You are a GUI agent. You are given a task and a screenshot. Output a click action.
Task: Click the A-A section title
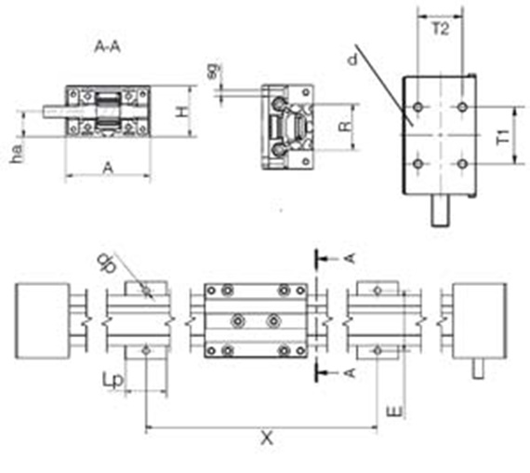click(x=108, y=47)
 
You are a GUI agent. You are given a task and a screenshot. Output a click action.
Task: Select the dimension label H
click(x=182, y=112)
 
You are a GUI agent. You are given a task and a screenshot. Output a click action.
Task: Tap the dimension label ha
click(x=17, y=154)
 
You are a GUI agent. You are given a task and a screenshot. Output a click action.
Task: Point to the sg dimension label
click(x=214, y=72)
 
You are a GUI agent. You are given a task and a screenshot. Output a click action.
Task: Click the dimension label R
click(x=346, y=127)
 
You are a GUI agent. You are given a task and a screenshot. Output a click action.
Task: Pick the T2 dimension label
click(x=441, y=29)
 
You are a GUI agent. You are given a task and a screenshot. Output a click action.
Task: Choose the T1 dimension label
click(x=503, y=137)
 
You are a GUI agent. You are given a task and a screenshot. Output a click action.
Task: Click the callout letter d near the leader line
click(x=352, y=60)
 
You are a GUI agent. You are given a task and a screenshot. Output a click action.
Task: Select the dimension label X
click(x=267, y=439)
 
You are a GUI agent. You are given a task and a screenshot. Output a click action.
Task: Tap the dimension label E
click(x=394, y=412)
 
